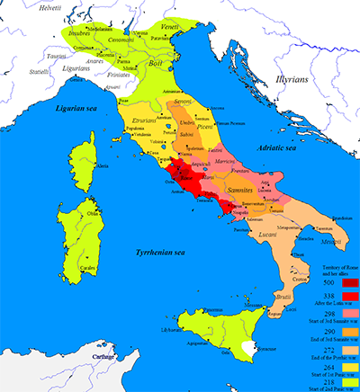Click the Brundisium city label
[340, 218]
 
